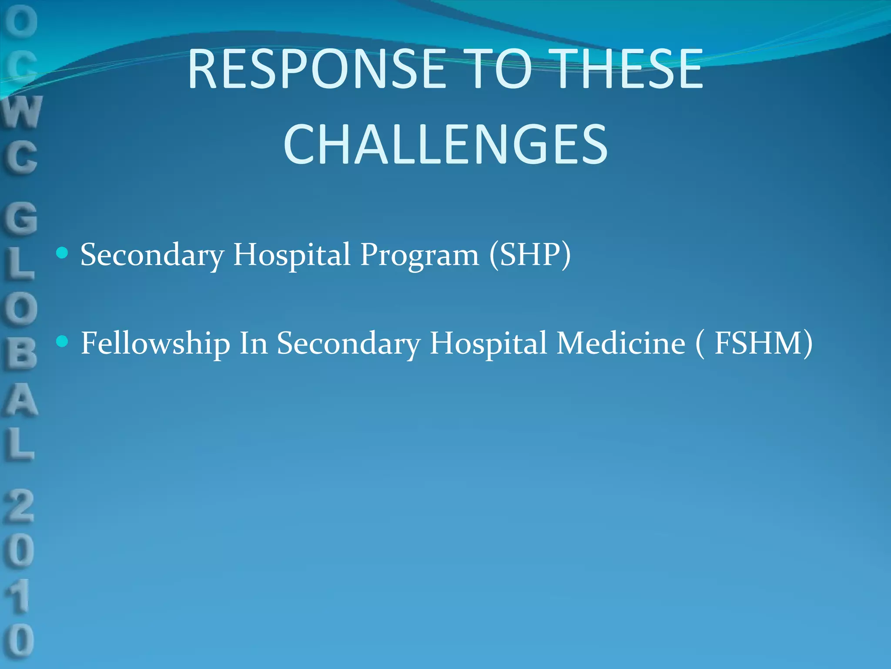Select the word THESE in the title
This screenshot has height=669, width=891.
pos(628,70)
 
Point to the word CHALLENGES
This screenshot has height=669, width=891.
pos(445,145)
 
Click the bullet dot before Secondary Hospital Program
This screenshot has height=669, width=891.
pos(63,253)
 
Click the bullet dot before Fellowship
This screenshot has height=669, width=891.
pos(63,341)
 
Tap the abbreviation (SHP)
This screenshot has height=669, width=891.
pos(529,254)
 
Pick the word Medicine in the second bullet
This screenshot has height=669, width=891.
pos(621,343)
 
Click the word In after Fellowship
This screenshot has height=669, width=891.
pos(253,343)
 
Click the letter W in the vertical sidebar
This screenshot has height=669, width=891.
pos(22,112)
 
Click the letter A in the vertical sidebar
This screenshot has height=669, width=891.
pos(20,401)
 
